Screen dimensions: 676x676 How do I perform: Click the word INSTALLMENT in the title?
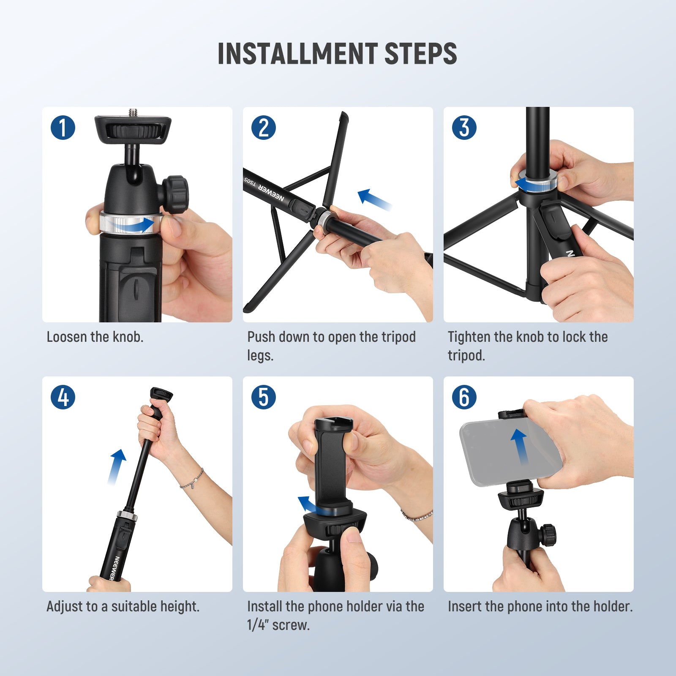coord(297,54)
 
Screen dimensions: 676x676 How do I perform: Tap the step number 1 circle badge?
coord(63,128)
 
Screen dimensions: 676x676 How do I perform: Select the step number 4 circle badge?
coord(63,397)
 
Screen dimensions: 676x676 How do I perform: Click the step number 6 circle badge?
coord(464,397)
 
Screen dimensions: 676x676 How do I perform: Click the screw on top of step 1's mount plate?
coord(133,112)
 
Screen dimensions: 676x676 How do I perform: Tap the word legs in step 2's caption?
coord(259,356)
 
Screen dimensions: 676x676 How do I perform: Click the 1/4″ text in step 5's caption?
coord(257,625)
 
